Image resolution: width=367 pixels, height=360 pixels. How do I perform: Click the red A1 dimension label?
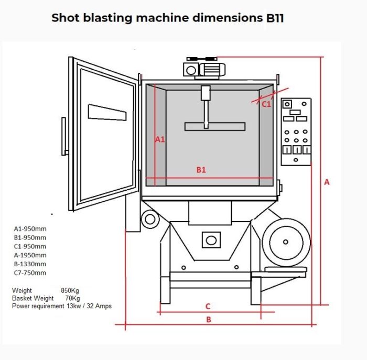(160, 139)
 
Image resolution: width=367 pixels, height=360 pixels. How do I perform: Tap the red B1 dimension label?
(201, 170)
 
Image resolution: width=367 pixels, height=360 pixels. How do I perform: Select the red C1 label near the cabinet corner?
(266, 104)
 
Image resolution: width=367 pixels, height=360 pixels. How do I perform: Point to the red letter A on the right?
(327, 182)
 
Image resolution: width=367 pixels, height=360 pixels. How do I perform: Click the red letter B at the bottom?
(208, 320)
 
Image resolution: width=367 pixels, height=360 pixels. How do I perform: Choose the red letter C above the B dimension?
(208, 306)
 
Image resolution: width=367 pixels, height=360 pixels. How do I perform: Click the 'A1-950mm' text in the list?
(30, 228)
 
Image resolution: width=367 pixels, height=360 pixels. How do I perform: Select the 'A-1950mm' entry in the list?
(30, 255)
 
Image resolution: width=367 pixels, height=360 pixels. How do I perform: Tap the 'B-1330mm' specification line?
(30, 264)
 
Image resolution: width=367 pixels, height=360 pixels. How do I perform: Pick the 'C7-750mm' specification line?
(30, 273)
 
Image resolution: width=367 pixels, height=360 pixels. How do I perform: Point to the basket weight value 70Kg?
(72, 298)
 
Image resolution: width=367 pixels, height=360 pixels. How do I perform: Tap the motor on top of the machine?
(201, 69)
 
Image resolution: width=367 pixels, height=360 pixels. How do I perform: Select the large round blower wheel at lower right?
(286, 242)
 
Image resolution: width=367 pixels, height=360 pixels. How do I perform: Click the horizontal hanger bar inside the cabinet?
(215, 126)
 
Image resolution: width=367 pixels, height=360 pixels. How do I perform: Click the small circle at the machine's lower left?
(149, 217)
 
